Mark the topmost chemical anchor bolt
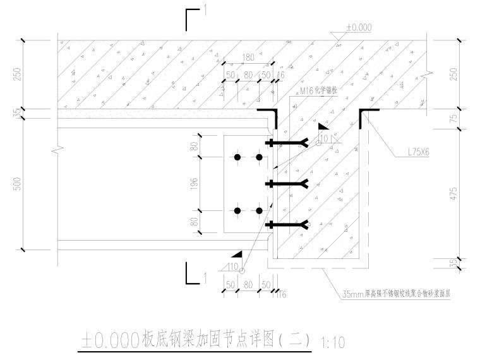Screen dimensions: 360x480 coord(288,143)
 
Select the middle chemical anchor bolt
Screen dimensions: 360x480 coord(288,184)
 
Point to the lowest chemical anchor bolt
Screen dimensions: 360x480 coord(288,224)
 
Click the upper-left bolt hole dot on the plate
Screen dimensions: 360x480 coord(237,157)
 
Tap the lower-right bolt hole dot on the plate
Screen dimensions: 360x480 coord(259,210)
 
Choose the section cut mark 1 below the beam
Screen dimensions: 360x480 coord(194,275)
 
